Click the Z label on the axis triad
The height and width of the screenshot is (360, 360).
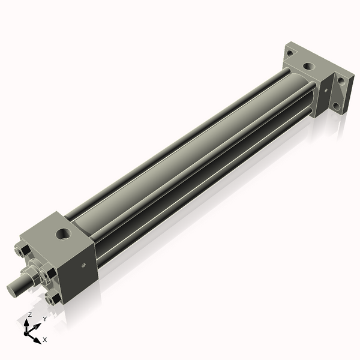click(30, 314)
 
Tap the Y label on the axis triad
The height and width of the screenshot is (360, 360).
click(44, 319)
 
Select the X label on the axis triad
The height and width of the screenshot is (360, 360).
click(45, 340)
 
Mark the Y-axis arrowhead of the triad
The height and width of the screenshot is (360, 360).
click(38, 325)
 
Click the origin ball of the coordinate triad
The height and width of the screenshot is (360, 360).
click(28, 331)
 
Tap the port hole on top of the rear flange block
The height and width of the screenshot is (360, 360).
click(309, 65)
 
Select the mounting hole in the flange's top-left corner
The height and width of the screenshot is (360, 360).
click(290, 53)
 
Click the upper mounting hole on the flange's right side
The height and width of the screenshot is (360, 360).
click(342, 82)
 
